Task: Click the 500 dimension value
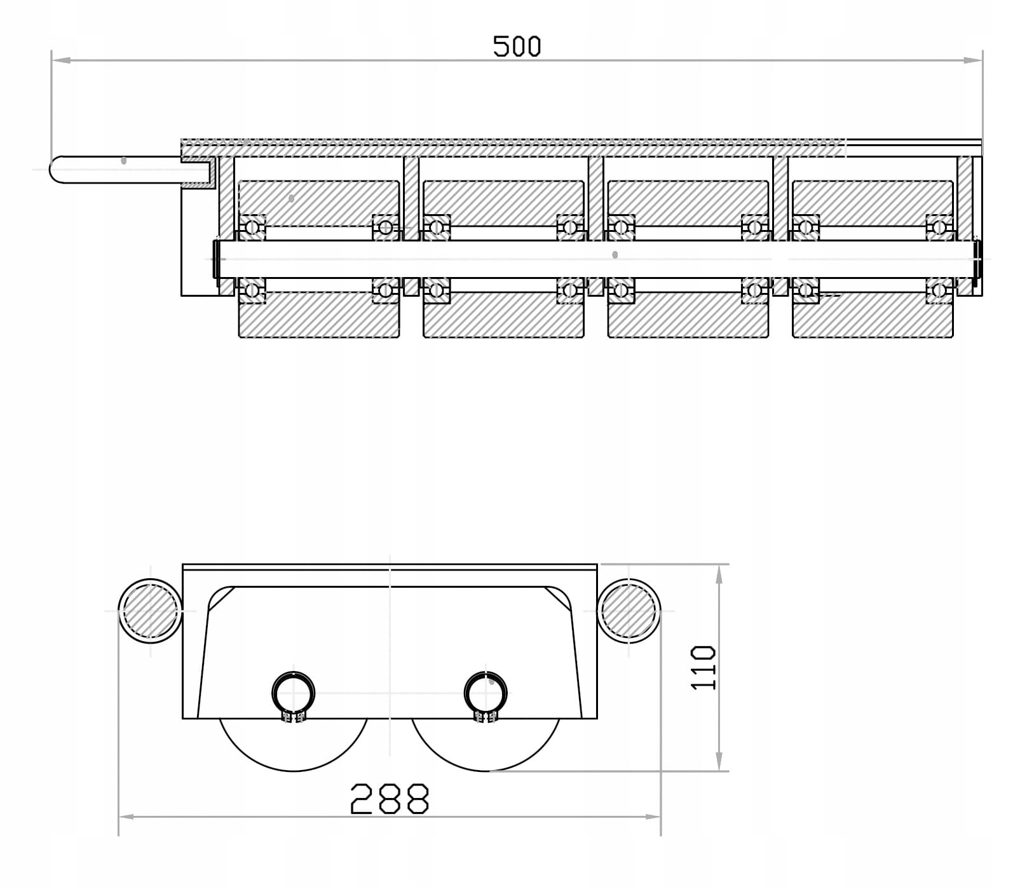point(517,46)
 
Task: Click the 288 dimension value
point(390,799)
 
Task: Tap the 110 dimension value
point(704,667)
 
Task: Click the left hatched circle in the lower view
point(150,611)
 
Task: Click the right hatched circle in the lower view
point(629,611)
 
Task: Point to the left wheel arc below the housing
point(293,771)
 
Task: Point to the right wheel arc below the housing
point(486,771)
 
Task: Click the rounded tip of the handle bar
point(51,170)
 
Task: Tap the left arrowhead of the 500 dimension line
point(61,60)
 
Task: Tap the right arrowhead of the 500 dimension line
point(972,60)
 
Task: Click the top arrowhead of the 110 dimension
point(719,574)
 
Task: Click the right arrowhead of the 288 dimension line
point(651,816)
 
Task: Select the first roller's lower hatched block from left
point(319,315)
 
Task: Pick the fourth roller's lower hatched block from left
point(873,315)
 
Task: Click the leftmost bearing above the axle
point(252,227)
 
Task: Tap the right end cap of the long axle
point(978,259)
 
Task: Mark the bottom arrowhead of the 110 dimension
point(719,761)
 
